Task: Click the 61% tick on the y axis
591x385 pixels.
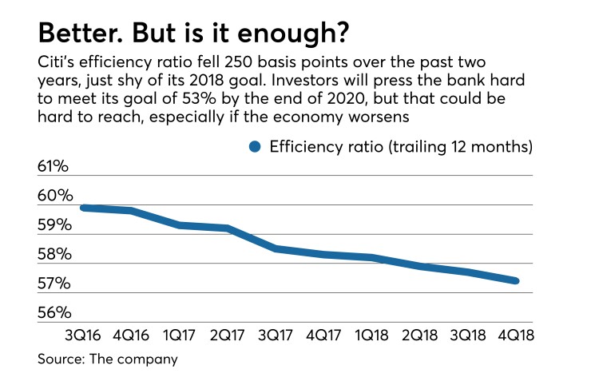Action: coord(54,167)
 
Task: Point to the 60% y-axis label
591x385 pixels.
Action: coord(54,196)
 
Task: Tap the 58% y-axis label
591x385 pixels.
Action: coord(54,255)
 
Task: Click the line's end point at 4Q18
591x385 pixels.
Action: coord(517,280)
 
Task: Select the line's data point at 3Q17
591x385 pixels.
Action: coord(276,249)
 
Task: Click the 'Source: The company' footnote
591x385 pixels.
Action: coord(107,360)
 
